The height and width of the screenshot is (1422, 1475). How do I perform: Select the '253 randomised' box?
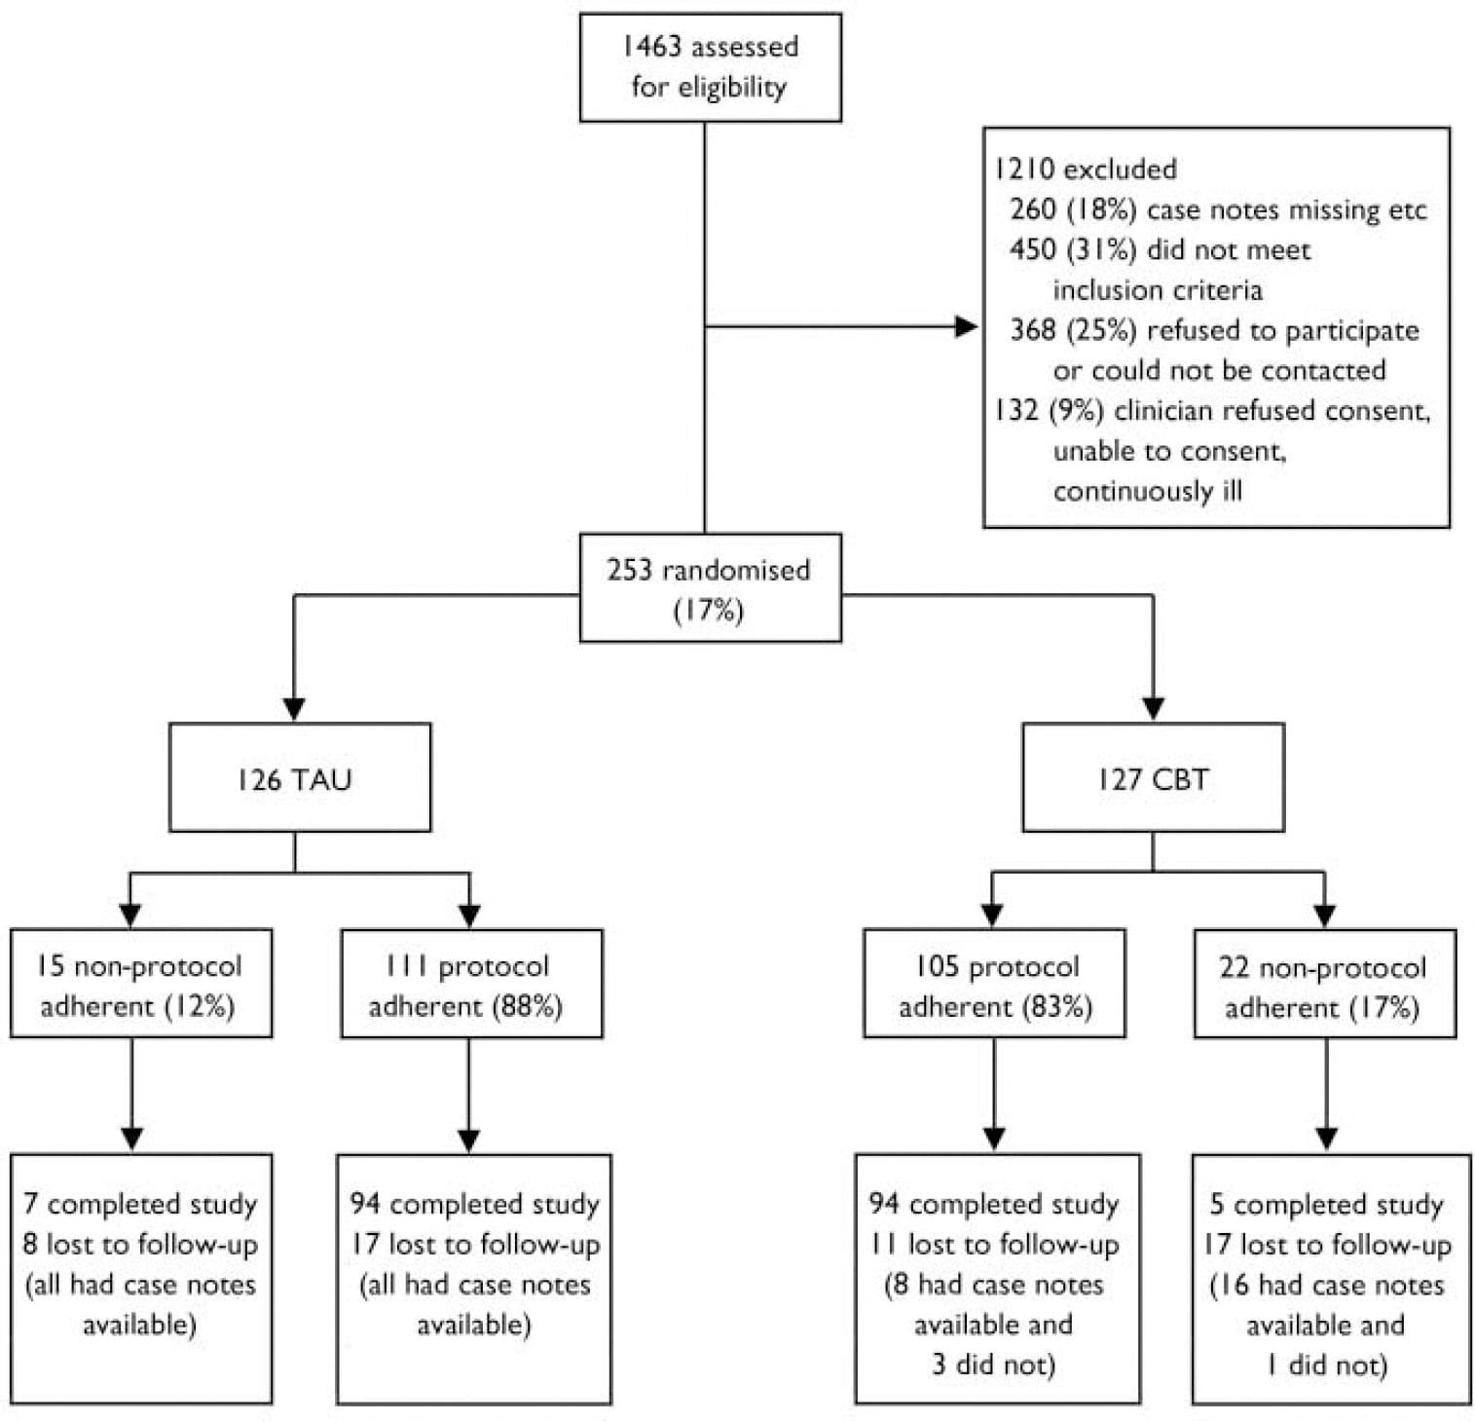coord(709,587)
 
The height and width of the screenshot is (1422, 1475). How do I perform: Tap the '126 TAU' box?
coord(299,777)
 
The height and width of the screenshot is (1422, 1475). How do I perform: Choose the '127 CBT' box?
coord(1153,777)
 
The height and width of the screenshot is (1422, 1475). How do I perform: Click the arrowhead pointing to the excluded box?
coord(967,327)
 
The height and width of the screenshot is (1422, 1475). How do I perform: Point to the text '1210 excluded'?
coord(1085,168)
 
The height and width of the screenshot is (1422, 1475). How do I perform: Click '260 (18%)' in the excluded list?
coord(1072,209)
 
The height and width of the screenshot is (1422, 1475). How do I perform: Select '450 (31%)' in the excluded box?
coord(1072,249)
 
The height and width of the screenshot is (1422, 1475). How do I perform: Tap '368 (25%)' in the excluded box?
coord(1072,330)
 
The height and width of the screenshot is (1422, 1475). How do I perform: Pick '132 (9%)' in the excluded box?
coord(1048,410)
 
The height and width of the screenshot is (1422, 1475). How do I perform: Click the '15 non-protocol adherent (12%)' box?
coord(141,984)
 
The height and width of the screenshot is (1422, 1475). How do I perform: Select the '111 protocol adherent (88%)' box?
coord(471,984)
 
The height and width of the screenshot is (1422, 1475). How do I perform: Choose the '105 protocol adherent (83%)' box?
coord(994,984)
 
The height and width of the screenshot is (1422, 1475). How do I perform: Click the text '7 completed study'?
coord(140,1204)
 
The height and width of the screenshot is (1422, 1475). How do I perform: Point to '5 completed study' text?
coord(1326,1204)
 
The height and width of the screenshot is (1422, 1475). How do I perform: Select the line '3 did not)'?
coord(993,1364)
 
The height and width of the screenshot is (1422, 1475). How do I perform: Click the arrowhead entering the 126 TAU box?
coord(294,708)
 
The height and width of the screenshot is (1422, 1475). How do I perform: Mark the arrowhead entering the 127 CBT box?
coord(1153,708)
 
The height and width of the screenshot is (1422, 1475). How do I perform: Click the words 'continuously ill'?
coord(1147,490)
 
